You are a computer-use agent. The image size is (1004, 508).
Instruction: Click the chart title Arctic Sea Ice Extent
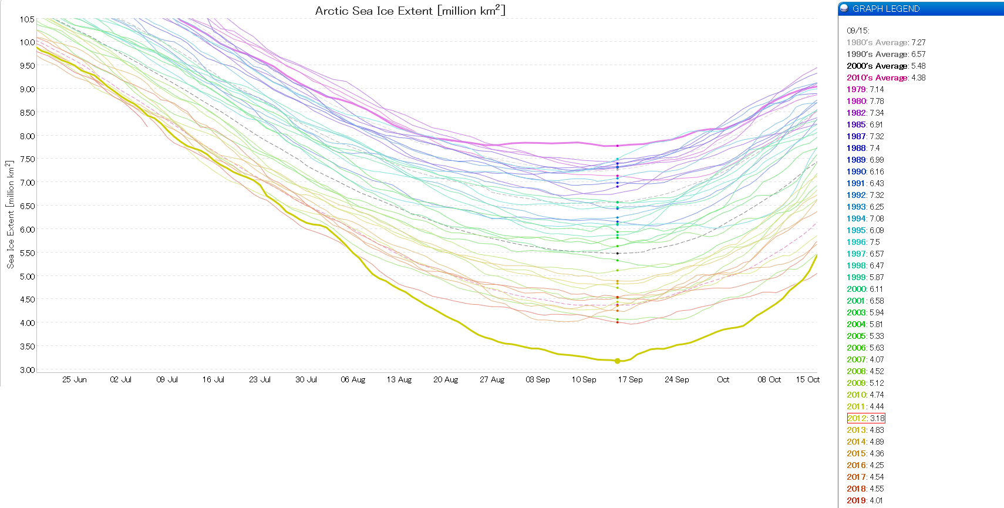tap(410, 11)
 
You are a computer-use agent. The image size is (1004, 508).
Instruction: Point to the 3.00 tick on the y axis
tap(27, 370)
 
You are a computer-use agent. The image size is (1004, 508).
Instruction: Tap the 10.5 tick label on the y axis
tap(27, 19)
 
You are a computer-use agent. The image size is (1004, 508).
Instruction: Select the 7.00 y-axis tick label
tap(27, 183)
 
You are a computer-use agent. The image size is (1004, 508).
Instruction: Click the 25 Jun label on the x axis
tap(75, 380)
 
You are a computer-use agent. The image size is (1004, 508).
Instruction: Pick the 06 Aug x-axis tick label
tap(353, 380)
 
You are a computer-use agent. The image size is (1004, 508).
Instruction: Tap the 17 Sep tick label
tap(630, 380)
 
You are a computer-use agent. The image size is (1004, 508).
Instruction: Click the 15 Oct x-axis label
tap(807, 380)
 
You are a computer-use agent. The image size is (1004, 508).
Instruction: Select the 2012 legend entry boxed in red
tap(865, 418)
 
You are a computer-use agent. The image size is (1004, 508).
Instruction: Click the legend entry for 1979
tap(865, 89)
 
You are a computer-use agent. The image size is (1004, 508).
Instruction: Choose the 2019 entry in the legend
tap(864, 500)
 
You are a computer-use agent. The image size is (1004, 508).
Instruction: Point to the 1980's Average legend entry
tap(885, 42)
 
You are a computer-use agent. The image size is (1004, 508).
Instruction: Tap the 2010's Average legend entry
tap(885, 78)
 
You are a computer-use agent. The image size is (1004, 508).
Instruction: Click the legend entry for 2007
tap(865, 359)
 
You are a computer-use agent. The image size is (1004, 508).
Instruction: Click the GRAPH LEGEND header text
tap(885, 9)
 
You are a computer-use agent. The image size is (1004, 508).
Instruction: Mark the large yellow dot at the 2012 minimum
tap(617, 361)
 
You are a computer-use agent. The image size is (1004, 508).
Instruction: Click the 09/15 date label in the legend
tap(857, 31)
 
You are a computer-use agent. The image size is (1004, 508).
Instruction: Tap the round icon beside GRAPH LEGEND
tap(844, 8)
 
